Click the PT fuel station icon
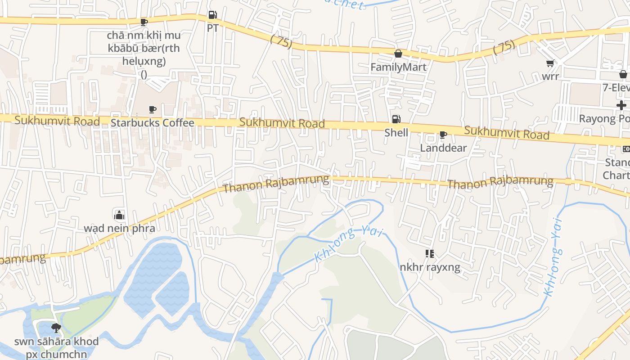(212, 15)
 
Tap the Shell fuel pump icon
(396, 119)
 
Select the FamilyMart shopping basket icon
(398, 54)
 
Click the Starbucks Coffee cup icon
(153, 109)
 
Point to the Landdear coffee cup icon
(443, 135)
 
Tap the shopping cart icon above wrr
(550, 63)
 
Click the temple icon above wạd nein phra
(119, 215)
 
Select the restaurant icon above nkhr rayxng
(430, 254)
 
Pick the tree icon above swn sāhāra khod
(56, 328)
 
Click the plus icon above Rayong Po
(621, 105)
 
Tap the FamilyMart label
(398, 67)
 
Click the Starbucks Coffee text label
(153, 123)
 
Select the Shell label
(396, 133)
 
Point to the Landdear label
(443, 148)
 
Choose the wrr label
(550, 76)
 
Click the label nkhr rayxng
(430, 268)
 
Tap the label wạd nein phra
(119, 228)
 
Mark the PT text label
(212, 28)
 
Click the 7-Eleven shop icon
(623, 74)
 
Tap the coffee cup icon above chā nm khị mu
(144, 22)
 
